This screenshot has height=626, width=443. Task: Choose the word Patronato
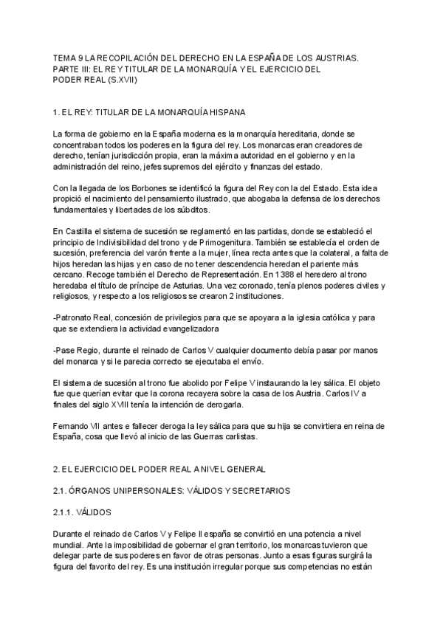click(76, 318)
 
